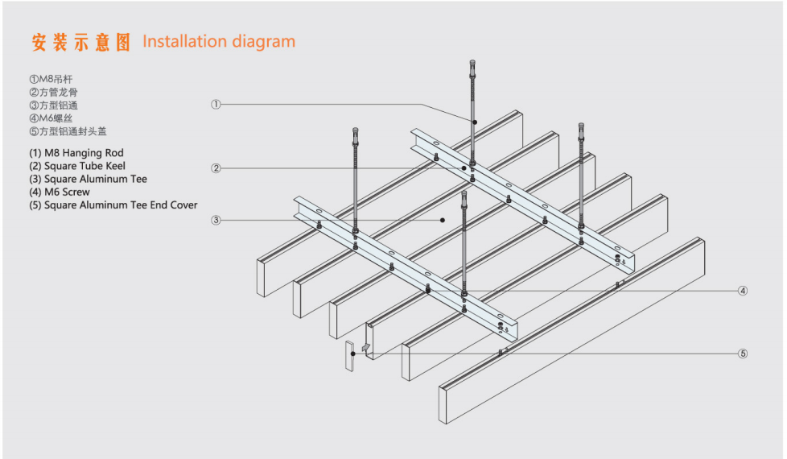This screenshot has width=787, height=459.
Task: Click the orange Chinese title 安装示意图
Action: (80, 43)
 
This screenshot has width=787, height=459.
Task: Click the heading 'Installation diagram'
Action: (219, 41)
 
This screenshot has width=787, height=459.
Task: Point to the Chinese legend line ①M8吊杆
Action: (51, 80)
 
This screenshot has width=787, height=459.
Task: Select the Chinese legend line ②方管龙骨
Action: (54, 93)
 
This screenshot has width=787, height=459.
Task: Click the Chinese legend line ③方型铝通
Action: (54, 105)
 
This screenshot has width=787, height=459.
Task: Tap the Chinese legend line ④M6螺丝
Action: (51, 118)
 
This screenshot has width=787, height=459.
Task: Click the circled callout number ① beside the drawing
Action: (216, 104)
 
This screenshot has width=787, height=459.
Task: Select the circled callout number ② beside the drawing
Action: (216, 168)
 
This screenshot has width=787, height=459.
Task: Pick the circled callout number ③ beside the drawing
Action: (216, 220)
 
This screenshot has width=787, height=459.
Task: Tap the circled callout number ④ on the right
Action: (743, 291)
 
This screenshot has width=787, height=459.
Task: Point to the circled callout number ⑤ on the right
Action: (743, 353)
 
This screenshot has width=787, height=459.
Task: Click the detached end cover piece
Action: (350, 355)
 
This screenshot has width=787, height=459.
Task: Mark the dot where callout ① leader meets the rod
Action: (475, 122)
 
